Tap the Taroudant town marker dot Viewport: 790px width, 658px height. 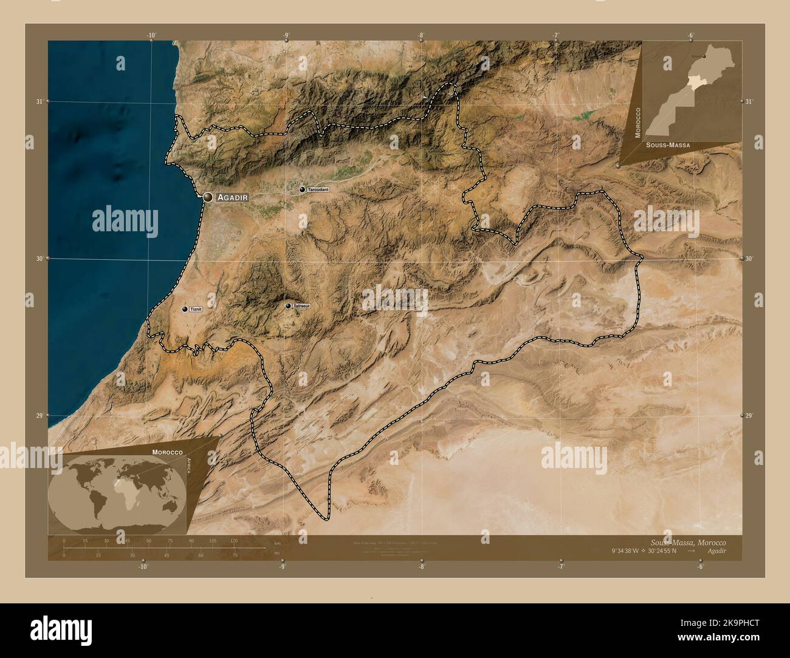point(302,189)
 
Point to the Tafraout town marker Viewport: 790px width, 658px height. point(288,306)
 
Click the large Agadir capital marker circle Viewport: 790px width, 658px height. point(208,197)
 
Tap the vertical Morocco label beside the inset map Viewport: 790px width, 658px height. point(637,123)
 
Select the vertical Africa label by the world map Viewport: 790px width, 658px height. point(189,469)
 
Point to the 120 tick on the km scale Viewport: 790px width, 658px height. point(234,540)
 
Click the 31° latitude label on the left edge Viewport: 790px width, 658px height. point(39,101)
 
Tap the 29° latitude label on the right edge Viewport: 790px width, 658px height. point(750,415)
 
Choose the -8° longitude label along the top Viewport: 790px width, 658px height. point(421,35)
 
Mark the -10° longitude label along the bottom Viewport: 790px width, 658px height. point(143,566)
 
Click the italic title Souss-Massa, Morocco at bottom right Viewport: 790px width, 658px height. point(687,542)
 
